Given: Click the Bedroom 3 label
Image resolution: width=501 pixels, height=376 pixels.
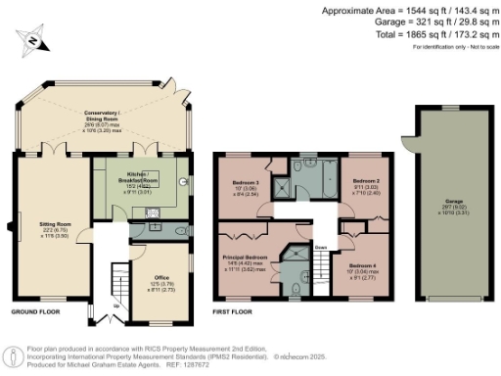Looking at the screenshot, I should pyautogui.click(x=245, y=183).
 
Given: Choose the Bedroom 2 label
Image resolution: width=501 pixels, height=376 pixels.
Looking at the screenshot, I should pyautogui.click(x=364, y=183).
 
